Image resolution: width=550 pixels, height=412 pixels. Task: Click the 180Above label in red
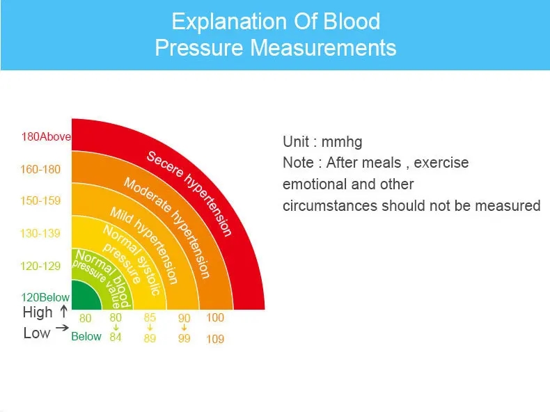point(46,136)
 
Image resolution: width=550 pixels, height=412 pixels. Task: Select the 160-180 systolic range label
point(40,169)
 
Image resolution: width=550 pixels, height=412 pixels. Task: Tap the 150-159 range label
point(40,200)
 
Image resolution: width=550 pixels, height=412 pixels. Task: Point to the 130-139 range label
point(40,233)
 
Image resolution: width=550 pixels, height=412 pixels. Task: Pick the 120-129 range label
point(40,266)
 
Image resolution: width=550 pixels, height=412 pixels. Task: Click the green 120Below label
point(45,297)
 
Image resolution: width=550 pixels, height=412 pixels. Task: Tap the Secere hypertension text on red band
point(189,193)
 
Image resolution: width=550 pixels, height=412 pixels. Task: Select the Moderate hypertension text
point(167,228)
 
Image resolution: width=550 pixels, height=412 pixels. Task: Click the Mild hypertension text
point(144,245)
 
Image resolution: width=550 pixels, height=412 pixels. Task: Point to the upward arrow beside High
point(63,311)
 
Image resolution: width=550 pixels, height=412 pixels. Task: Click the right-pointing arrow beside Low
point(63,328)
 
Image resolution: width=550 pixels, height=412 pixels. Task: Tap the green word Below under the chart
point(86,336)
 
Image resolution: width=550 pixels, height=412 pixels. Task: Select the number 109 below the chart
point(215,339)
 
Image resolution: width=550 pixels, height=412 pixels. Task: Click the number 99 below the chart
point(184,338)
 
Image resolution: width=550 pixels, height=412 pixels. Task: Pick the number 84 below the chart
point(116,337)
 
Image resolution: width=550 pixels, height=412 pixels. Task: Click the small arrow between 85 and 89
point(150,328)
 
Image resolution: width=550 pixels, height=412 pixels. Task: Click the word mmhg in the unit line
point(342,143)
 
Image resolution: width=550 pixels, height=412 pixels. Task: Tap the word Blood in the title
point(352,22)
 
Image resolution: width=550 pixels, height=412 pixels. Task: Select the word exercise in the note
point(441,163)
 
